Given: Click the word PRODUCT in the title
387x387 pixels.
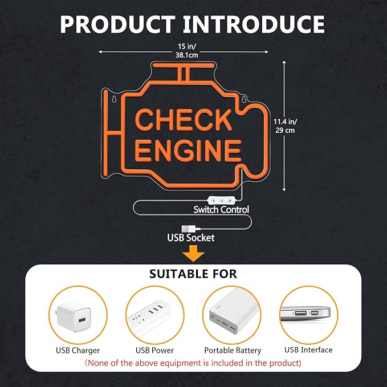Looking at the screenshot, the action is coord(118,24).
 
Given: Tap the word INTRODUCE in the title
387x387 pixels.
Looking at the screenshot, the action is coord(254,24).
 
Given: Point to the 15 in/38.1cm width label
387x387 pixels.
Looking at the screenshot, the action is coord(187,51).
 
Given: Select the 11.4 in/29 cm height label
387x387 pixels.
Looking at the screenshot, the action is coord(285,126).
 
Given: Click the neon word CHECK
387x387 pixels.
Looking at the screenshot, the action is coord(184,120).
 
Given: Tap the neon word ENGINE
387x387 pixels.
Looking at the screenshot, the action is coord(188,150).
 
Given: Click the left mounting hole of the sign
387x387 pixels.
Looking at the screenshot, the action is coord(114,99).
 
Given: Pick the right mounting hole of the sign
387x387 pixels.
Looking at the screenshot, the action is coord(244,99).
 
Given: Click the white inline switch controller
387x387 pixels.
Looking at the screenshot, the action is coord(221,201).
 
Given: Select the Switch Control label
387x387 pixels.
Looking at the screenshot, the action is coord(221,210).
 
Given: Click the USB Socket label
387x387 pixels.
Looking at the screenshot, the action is coord(191,238).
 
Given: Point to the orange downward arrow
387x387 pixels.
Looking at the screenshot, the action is coord(193,253).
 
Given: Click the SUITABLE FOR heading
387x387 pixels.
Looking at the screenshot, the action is coord(193,274).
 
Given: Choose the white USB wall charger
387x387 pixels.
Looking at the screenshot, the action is coord(74,317).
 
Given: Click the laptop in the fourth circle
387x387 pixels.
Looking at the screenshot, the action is coord(305,313).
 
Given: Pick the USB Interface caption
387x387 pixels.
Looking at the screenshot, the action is coord(308,350).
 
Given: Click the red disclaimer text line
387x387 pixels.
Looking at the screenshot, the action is coord(193,363).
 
